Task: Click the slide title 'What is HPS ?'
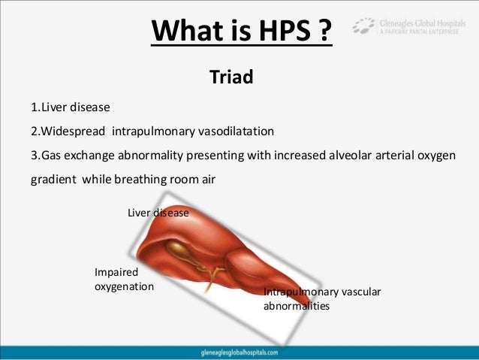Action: tap(243, 32)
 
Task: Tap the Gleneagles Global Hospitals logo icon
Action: tap(364, 27)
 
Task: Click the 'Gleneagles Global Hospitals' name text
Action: tap(423, 22)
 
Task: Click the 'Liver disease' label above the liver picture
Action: tap(158, 213)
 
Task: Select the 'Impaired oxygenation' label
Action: tap(124, 280)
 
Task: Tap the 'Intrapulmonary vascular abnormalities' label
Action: tap(323, 299)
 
